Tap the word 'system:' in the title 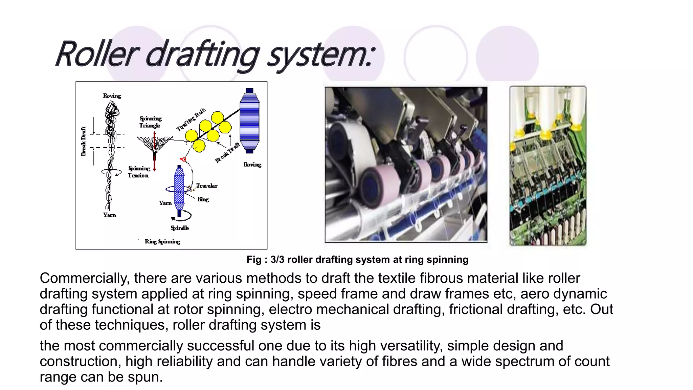[x=321, y=56]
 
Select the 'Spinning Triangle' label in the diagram [x=150, y=122]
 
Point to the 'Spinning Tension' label [x=139, y=172]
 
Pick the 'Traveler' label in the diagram [x=207, y=186]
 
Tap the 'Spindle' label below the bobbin [x=180, y=228]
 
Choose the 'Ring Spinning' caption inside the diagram [x=162, y=242]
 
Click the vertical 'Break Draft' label [x=83, y=141]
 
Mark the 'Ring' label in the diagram [x=203, y=199]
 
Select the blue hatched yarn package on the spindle [x=179, y=188]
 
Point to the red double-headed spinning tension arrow [x=154, y=151]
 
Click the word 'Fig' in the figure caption [x=254, y=260]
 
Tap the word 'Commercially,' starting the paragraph [x=85, y=278]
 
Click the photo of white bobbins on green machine [x=548, y=166]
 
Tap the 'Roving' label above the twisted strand [x=112, y=96]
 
